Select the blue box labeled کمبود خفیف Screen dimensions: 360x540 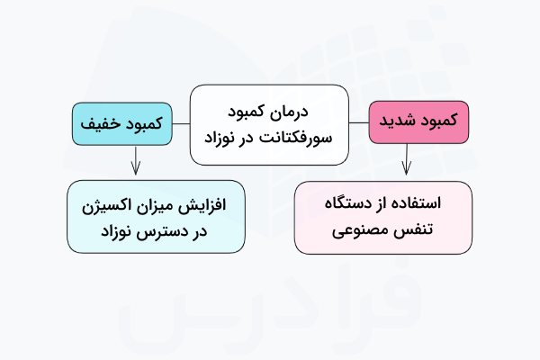point(121,123)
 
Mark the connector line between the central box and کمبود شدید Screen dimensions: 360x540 point(359,123)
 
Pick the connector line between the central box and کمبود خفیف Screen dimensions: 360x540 point(181,123)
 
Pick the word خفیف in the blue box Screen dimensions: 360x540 point(103,123)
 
